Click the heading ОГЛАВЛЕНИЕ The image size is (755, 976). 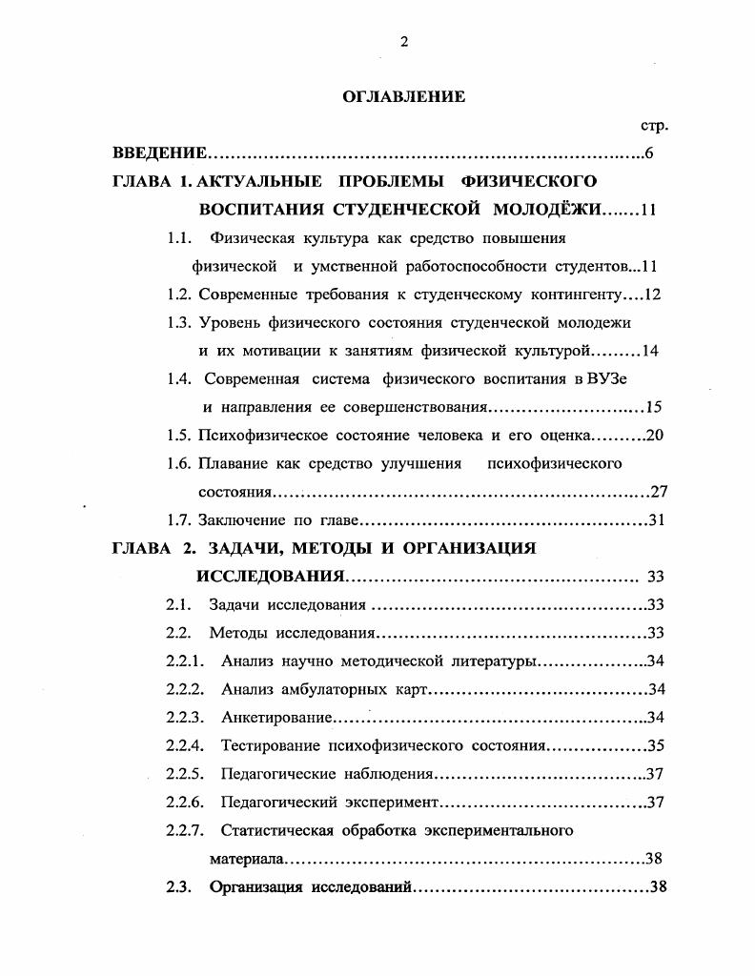coord(403,96)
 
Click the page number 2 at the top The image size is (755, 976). coord(404,41)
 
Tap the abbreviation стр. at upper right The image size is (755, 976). coord(653,126)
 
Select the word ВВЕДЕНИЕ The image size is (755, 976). coord(159,153)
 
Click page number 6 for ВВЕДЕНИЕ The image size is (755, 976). coord(648,153)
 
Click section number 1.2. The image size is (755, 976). coord(178,295)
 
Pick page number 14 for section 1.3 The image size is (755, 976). coord(651,351)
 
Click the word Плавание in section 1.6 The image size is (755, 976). coord(232,464)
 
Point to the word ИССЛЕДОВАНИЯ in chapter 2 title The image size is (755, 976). coord(270,577)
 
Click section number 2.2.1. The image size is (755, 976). coord(185,661)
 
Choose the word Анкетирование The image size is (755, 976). coord(275,718)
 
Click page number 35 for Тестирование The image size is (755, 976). coord(655,746)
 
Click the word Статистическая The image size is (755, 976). coord(275,830)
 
